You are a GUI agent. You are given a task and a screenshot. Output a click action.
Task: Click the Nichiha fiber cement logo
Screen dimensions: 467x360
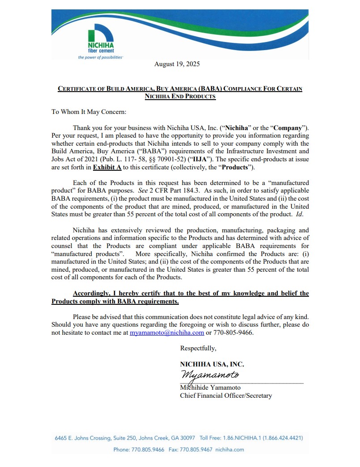coord(101,41)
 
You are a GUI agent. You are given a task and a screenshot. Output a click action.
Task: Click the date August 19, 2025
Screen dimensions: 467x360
coord(177,64)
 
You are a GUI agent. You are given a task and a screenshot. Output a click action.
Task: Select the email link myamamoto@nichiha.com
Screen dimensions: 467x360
coord(167,332)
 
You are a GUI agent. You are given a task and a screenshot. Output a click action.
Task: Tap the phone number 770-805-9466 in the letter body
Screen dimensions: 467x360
coord(233,332)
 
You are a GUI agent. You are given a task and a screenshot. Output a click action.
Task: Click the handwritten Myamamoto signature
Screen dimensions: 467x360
coord(210,374)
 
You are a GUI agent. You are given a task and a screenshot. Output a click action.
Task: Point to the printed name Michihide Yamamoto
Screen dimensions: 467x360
coord(210,387)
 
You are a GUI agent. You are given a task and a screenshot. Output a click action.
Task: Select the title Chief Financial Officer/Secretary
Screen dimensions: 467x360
coord(225,395)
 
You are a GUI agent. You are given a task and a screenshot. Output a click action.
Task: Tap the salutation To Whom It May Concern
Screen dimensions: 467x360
coord(89,112)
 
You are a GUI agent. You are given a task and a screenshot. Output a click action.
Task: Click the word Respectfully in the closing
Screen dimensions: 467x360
coord(198,348)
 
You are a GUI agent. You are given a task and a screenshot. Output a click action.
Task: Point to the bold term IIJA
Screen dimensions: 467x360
coord(218,160)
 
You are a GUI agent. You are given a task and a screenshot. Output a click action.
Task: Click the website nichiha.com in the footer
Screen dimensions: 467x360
coord(229,449)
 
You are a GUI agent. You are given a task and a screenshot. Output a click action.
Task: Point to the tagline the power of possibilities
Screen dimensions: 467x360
coord(100,57)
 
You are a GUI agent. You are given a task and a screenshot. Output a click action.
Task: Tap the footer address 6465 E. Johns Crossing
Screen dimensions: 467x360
coord(86,438)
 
